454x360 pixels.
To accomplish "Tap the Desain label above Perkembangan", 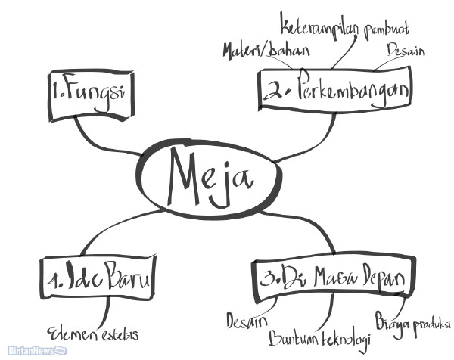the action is (x=406, y=51).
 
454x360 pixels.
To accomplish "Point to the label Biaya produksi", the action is (x=412, y=319).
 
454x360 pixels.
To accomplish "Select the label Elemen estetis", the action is (x=94, y=333).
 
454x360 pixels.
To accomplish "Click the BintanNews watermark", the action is (x=33, y=351).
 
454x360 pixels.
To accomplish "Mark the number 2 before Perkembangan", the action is (x=272, y=92).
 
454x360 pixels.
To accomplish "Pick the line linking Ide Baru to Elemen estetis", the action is (x=105, y=310).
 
